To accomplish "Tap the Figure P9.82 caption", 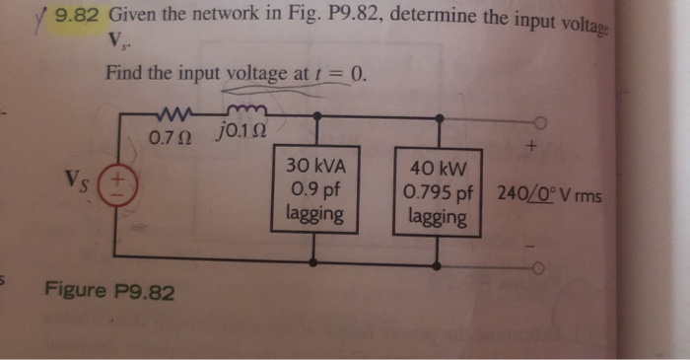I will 109,292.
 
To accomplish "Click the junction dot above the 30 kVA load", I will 314,115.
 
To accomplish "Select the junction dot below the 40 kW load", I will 435,263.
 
